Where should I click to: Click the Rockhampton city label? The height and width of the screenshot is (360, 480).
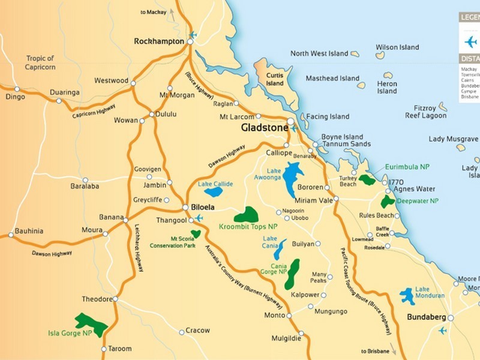click(x=159, y=41)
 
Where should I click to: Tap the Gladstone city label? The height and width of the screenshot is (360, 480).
click(x=262, y=128)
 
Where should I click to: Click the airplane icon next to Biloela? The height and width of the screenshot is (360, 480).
click(x=199, y=217)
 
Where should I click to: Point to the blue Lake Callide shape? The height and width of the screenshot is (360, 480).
click(x=214, y=193)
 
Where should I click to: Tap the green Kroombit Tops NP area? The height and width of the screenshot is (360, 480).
click(x=246, y=215)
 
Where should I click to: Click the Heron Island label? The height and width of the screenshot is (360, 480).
click(x=387, y=87)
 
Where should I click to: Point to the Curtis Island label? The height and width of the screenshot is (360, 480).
click(x=275, y=79)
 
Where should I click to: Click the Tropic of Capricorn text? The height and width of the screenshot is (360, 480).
click(x=41, y=62)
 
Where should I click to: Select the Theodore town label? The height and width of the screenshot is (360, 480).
click(x=97, y=299)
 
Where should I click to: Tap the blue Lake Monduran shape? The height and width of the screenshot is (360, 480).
click(x=407, y=295)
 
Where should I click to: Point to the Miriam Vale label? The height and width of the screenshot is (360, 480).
click(x=314, y=200)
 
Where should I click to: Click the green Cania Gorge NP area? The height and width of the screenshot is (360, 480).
click(x=292, y=273)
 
